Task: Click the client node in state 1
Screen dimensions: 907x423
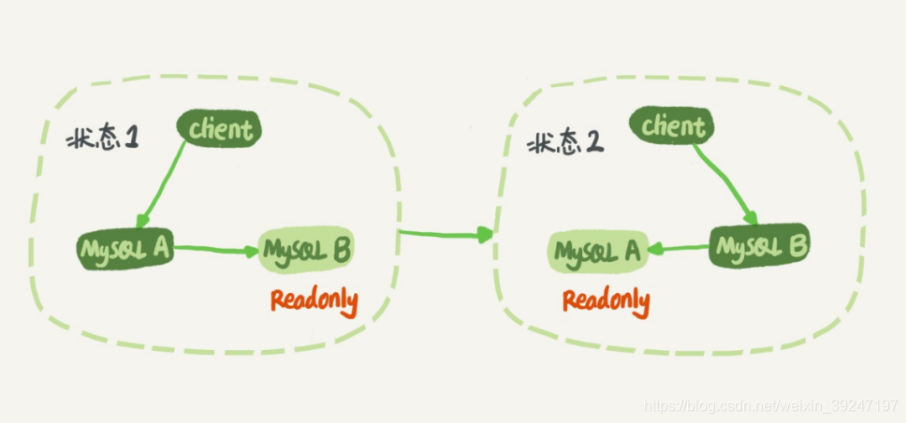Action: click(x=221, y=129)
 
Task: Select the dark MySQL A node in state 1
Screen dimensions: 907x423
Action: click(x=124, y=248)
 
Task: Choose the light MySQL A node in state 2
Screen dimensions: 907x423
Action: click(x=598, y=251)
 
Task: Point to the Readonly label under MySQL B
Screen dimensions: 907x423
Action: click(x=315, y=300)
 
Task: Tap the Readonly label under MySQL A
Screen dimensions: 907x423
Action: click(x=606, y=301)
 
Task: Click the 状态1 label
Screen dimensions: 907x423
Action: click(x=103, y=139)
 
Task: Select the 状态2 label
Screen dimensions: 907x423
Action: click(x=564, y=142)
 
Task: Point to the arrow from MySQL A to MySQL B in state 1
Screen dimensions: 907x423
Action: click(x=217, y=249)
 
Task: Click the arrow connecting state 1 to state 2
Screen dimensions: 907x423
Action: click(x=446, y=233)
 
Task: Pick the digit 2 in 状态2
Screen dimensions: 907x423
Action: click(x=592, y=142)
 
